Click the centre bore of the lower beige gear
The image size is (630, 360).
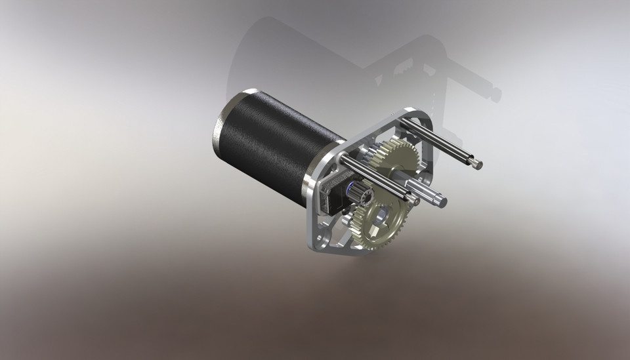click(x=380, y=217)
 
